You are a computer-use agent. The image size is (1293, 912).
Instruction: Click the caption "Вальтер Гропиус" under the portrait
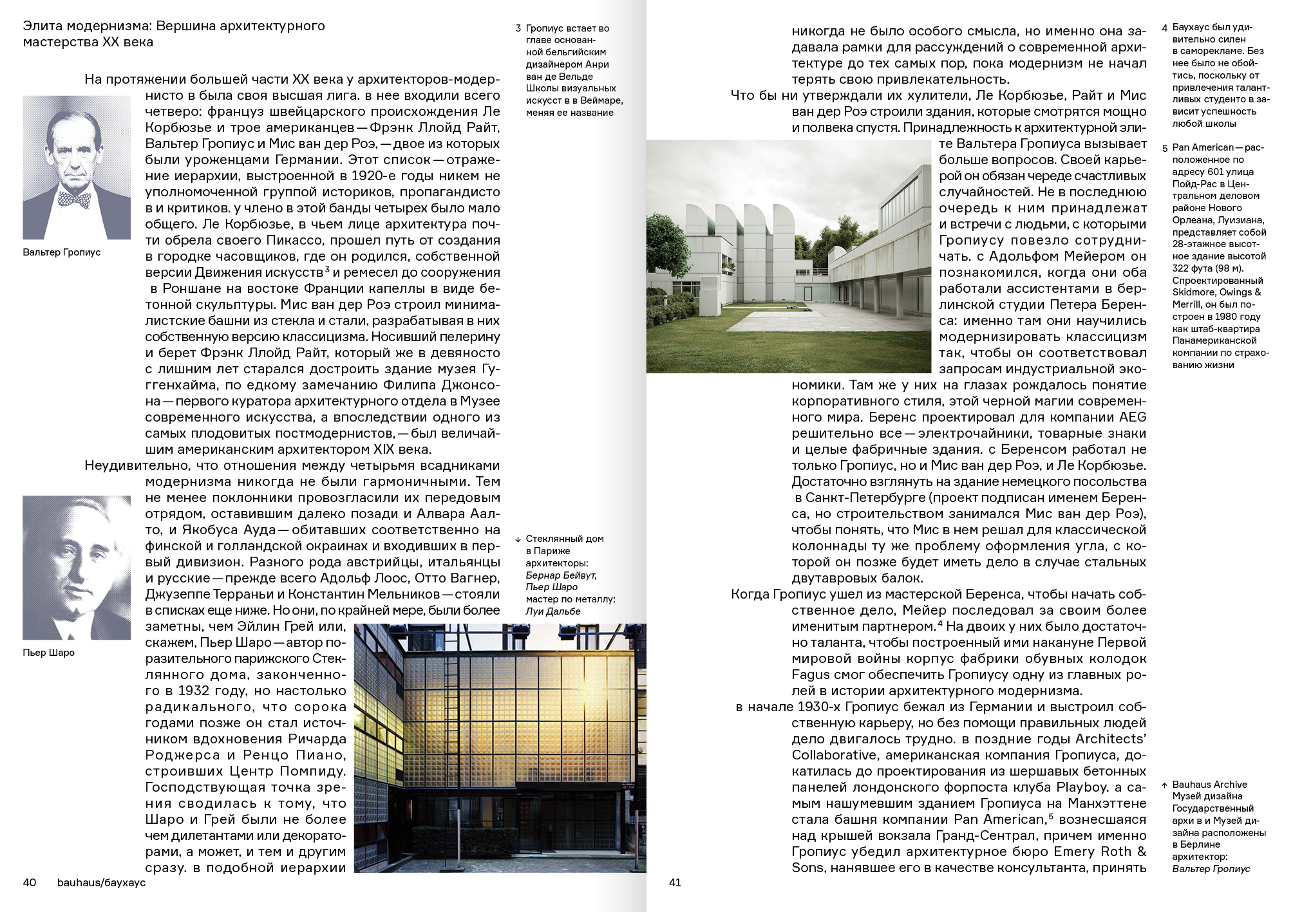[62, 252]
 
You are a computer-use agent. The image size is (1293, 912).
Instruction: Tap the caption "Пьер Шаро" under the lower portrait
[48, 653]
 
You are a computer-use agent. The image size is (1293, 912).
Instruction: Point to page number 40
[30, 882]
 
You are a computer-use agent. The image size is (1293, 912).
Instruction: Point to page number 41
[675, 882]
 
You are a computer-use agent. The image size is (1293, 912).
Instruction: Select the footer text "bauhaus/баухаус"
[101, 882]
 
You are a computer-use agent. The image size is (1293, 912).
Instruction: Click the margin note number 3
[518, 29]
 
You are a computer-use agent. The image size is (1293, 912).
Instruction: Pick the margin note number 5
[1164, 149]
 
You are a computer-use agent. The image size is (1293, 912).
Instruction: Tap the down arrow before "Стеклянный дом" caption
[518, 539]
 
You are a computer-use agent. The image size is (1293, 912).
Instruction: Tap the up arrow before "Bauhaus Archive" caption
[1164, 785]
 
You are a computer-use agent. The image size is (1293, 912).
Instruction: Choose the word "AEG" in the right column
[1133, 417]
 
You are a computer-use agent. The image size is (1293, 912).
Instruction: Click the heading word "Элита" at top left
[40, 26]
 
